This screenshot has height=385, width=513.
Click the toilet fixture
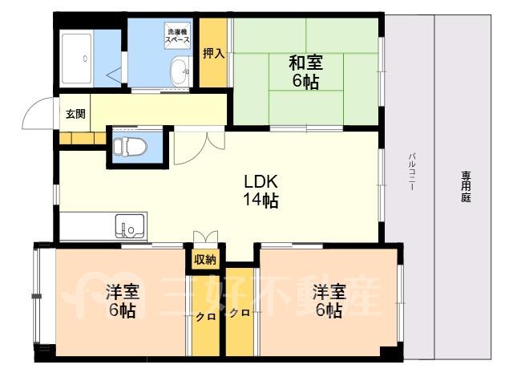click(130, 146)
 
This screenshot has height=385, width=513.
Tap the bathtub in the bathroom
click(77, 59)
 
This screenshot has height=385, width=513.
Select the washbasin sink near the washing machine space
click(180, 71)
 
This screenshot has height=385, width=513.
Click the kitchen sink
click(130, 226)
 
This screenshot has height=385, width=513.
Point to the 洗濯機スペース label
click(177, 36)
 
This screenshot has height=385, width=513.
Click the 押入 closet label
click(214, 53)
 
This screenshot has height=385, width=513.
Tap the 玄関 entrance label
click(75, 114)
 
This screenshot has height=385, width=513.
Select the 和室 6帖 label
click(305, 72)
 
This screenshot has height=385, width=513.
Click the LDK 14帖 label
click(261, 191)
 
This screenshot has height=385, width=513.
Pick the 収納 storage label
click(205, 259)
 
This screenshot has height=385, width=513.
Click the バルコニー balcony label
click(411, 172)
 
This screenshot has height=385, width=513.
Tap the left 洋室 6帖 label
click(123, 301)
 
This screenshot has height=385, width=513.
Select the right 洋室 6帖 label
click(329, 301)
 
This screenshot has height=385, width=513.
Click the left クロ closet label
click(206, 317)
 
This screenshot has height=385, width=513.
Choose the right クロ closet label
click(240, 313)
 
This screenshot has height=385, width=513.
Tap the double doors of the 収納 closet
click(205, 237)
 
